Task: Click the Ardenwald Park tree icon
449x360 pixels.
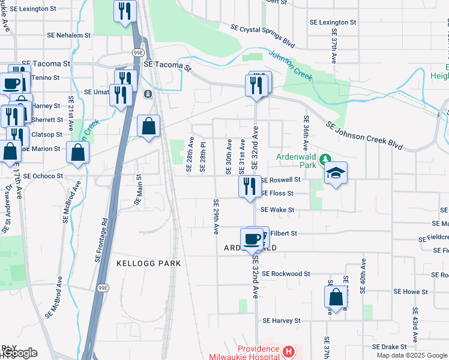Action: [x=325, y=159]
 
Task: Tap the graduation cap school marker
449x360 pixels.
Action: [x=336, y=174]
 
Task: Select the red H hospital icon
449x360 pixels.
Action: [x=289, y=351]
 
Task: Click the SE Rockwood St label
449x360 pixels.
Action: [x=286, y=274]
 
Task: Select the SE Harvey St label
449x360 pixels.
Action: [x=281, y=321]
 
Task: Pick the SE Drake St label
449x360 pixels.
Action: [x=390, y=347]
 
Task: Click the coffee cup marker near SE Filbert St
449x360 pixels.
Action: [x=253, y=239]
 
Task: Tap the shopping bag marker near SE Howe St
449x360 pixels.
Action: [x=336, y=296]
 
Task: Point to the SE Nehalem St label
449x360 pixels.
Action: [x=68, y=35]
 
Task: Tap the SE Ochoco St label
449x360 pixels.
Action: [x=43, y=176]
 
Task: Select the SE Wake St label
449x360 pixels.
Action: [x=277, y=210]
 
